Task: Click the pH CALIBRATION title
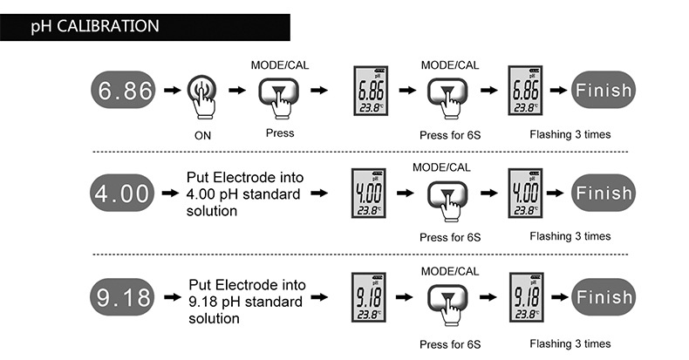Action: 95,26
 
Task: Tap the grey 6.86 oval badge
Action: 123,90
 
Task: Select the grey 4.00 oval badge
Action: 122,193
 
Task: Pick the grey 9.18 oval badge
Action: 122,296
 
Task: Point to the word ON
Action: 202,136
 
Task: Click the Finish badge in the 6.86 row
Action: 604,90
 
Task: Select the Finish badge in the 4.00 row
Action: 604,193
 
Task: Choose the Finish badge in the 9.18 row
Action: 604,296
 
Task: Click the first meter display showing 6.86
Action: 371,91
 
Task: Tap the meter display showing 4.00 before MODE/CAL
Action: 369,193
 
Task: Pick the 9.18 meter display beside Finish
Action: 527,297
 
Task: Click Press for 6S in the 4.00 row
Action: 450,237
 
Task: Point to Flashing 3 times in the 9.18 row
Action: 570,343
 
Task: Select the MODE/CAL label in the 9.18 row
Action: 450,271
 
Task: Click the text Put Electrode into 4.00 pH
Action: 244,186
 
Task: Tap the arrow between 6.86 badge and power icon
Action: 173,90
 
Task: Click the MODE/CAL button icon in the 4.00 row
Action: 447,200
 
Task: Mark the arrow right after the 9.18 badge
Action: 173,297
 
